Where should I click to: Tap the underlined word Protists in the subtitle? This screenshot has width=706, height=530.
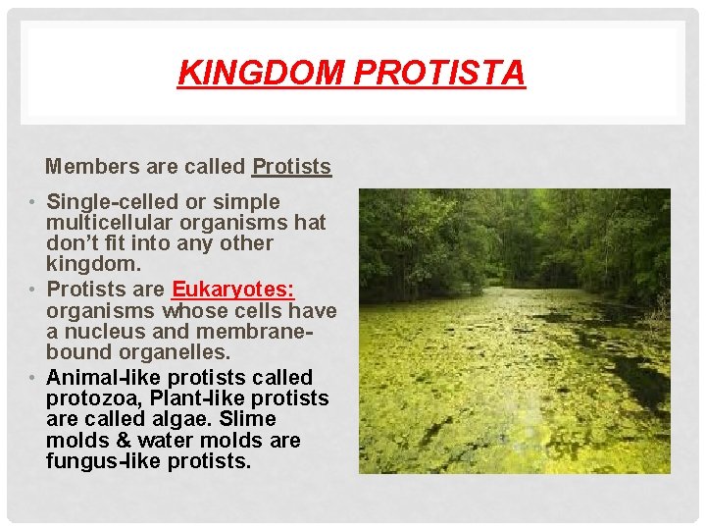[291, 167]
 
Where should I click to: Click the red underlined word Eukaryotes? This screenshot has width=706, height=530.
[233, 290]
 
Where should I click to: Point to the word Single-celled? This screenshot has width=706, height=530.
[113, 202]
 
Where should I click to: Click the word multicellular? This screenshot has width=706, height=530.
[106, 223]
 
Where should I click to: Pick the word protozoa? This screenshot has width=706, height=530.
[94, 398]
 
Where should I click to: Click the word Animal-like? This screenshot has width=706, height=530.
[95, 378]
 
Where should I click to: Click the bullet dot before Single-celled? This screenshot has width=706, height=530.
[33, 203]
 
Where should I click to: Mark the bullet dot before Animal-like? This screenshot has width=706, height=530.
[33, 379]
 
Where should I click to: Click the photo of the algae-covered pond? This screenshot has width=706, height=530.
[514, 332]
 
